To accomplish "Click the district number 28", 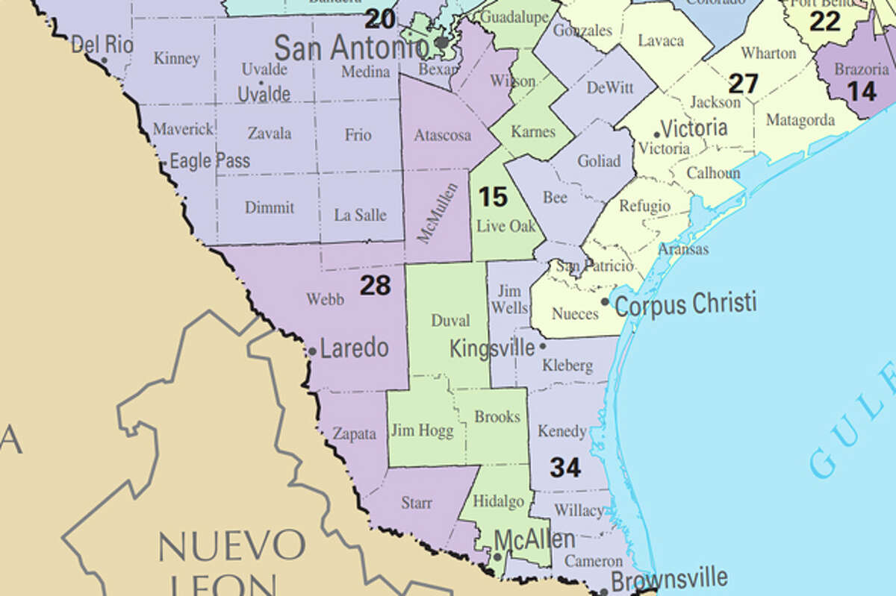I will pyautogui.click(x=375, y=285).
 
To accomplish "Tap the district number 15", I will pyautogui.click(x=493, y=197).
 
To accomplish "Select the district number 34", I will pyautogui.click(x=565, y=468).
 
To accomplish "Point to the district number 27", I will pyautogui.click(x=743, y=84).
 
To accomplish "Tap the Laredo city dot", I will pyautogui.click(x=312, y=351).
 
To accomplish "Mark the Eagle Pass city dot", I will pyautogui.click(x=164, y=162).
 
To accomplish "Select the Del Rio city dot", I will pyautogui.click(x=104, y=60).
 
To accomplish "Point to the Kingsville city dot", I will pyautogui.click(x=543, y=346).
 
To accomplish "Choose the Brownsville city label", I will pyautogui.click(x=669, y=578).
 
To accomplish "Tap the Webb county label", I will pyautogui.click(x=326, y=299).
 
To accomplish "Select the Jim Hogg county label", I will pyautogui.click(x=422, y=430).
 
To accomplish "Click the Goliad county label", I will pyautogui.click(x=599, y=161).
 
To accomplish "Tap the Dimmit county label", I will pyautogui.click(x=270, y=207).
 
